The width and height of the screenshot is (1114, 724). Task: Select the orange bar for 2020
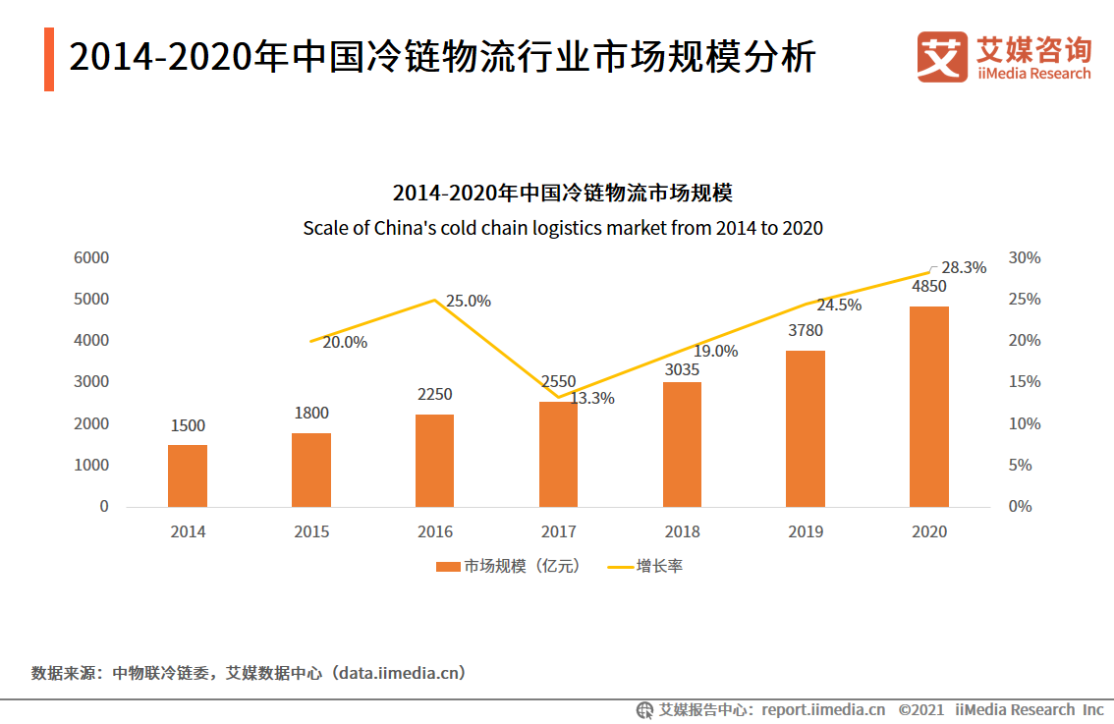click(928, 406)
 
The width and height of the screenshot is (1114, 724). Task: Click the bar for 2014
click(188, 475)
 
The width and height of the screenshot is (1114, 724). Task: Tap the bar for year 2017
click(558, 454)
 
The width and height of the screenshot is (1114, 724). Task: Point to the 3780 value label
click(806, 331)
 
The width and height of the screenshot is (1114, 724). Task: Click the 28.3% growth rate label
click(963, 267)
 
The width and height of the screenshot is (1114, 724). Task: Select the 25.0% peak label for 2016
click(468, 302)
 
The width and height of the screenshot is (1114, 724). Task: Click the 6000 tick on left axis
click(90, 258)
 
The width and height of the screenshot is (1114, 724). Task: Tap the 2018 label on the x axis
click(682, 531)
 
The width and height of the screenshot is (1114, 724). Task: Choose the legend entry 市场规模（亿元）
click(509, 567)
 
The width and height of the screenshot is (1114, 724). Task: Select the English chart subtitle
click(562, 228)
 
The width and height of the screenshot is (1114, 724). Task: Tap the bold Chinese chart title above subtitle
click(562, 193)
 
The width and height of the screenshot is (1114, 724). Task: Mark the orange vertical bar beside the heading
click(49, 59)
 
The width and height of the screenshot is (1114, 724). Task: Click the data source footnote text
click(248, 674)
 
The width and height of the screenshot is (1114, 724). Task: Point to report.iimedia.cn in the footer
click(823, 709)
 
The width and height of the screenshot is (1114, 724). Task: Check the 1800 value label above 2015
click(311, 414)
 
